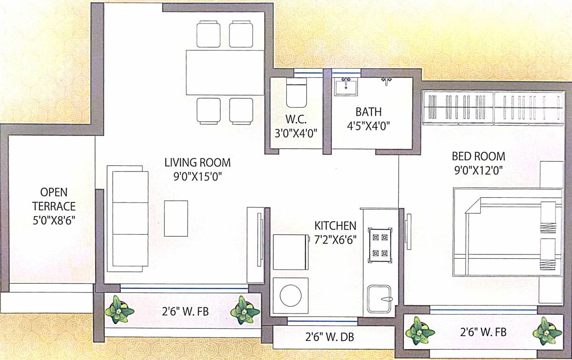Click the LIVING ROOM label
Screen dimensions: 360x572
click(x=197, y=163)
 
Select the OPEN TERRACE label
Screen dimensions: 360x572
click(x=54, y=199)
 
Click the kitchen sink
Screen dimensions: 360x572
click(x=379, y=299)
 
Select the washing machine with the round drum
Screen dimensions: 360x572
click(x=291, y=295)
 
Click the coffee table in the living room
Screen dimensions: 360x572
click(x=176, y=218)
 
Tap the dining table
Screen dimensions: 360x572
click(x=225, y=72)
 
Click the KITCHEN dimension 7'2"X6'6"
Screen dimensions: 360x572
click(x=335, y=239)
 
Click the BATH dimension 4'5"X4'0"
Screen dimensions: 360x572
click(x=368, y=126)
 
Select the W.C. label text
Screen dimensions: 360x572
click(x=296, y=119)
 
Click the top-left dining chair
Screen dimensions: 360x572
click(x=208, y=34)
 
